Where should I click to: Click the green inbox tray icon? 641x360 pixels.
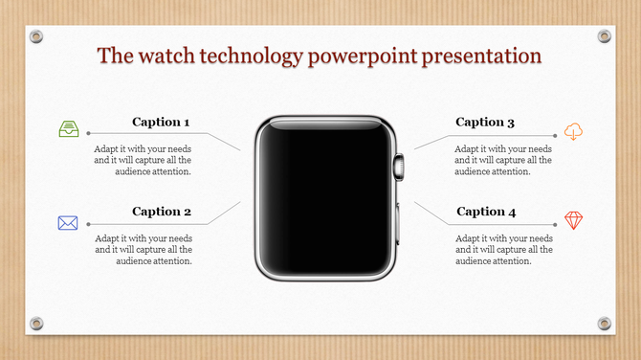68,130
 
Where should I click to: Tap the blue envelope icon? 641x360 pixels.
68,223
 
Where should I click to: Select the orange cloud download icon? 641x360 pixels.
573,131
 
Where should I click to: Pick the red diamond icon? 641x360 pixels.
573,220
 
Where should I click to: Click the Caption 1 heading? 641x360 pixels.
161,122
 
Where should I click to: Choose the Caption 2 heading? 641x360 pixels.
161,211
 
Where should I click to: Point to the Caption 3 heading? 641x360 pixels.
485,122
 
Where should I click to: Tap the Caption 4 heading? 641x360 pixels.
485,211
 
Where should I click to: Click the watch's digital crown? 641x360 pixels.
400,166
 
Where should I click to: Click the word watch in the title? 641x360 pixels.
173,56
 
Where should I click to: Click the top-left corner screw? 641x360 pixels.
36,36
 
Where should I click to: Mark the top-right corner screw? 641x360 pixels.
604,36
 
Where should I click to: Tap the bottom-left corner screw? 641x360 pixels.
36,323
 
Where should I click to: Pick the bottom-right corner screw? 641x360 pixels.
604,323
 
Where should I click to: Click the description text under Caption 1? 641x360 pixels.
143,161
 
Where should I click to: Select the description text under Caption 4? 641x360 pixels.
503,249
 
